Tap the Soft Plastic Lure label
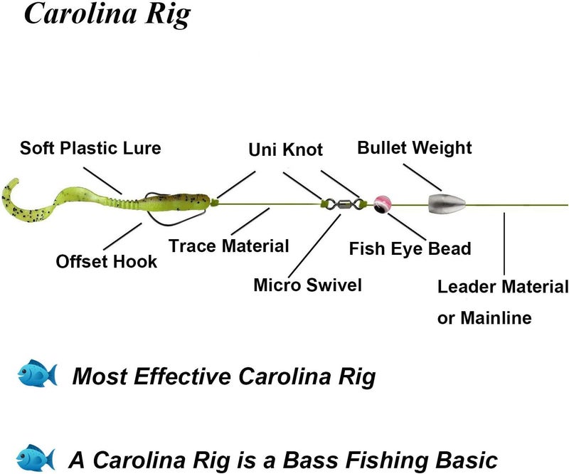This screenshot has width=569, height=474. coord(90,149)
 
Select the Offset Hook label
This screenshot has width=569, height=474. coord(107,262)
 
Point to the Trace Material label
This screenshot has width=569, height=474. coord(228,246)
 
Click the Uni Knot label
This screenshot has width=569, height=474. coord(285,149)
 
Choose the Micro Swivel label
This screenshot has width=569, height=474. coord(307,285)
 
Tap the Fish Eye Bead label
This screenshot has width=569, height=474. coord(410,248)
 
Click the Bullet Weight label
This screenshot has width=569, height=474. coord(414,148)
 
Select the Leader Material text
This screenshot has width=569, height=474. coord(503,287)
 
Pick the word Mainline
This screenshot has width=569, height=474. coord(495,317)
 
